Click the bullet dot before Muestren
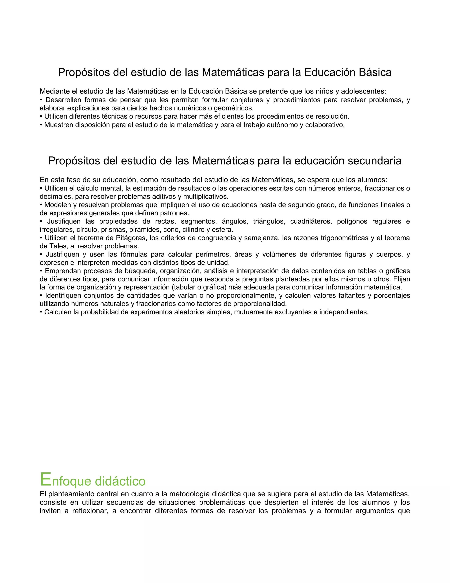[x=41, y=125]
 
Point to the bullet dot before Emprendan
[x=41, y=271]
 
